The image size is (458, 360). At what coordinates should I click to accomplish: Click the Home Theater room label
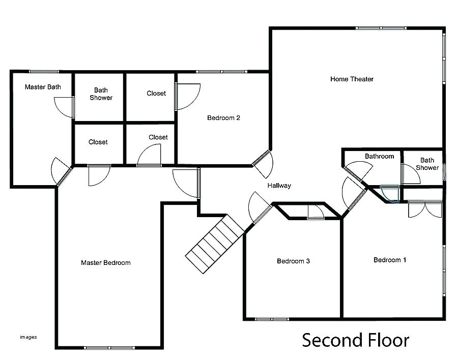(x=352, y=79)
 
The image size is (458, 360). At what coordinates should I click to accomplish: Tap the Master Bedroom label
(x=106, y=263)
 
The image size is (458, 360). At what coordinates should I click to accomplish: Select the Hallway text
(x=279, y=186)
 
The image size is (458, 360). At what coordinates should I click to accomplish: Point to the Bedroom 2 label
(x=223, y=118)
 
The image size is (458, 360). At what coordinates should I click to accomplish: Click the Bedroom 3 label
(x=293, y=261)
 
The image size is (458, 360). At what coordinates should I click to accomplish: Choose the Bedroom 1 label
(x=390, y=260)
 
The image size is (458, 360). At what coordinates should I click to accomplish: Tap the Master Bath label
(x=43, y=87)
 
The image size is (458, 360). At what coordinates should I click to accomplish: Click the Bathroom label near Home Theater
(x=379, y=156)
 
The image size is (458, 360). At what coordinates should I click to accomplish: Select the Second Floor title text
(x=355, y=340)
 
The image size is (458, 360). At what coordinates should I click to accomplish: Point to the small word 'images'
(x=28, y=336)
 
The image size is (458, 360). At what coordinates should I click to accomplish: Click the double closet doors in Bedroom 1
(x=425, y=208)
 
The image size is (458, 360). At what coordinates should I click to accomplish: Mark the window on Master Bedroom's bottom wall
(x=109, y=347)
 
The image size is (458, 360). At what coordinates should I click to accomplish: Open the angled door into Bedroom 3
(x=261, y=208)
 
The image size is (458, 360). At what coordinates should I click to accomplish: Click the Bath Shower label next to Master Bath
(x=101, y=94)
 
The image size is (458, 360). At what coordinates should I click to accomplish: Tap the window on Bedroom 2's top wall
(x=222, y=71)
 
